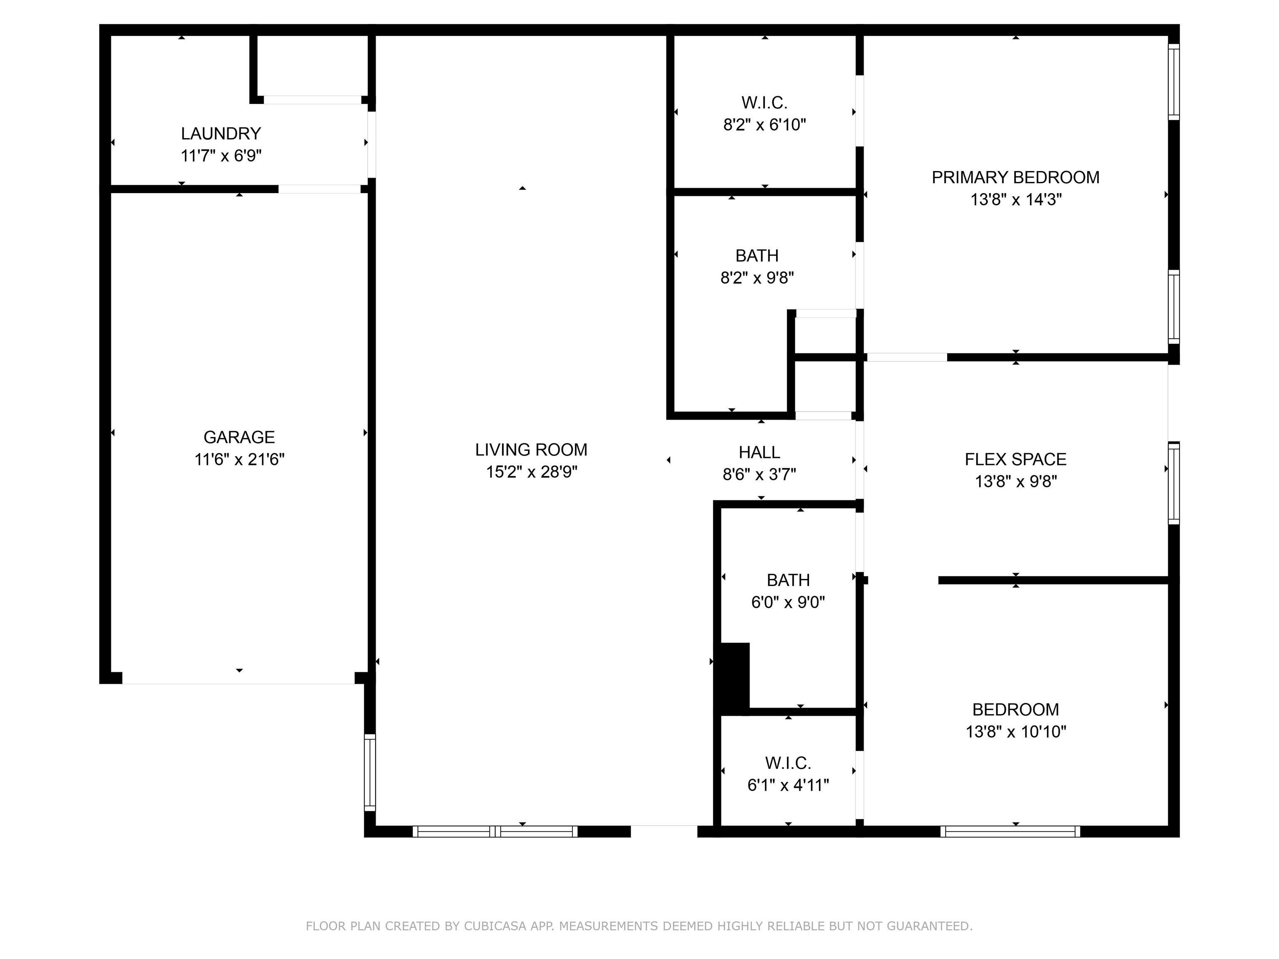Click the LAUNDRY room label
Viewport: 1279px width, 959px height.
[221, 134]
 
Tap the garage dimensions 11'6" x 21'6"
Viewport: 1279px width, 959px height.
[239, 460]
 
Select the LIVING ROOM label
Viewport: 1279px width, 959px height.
[531, 450]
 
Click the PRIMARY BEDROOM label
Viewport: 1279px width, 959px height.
[1015, 177]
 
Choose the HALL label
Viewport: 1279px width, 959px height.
[759, 452]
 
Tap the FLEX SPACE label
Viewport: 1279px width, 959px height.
[1015, 460]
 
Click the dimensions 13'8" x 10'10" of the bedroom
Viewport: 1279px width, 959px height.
[1015, 732]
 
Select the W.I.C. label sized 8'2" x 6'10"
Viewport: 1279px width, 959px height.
[764, 103]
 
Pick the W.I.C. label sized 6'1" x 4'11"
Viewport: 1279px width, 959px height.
[788, 763]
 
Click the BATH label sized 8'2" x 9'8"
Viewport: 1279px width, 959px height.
[757, 256]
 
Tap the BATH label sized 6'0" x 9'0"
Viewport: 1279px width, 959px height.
[788, 580]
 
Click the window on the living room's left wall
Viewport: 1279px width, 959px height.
[369, 772]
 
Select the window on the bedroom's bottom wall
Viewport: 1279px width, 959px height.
[1010, 831]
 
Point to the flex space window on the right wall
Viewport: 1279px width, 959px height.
[1174, 483]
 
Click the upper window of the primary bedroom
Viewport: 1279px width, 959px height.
[1174, 82]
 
